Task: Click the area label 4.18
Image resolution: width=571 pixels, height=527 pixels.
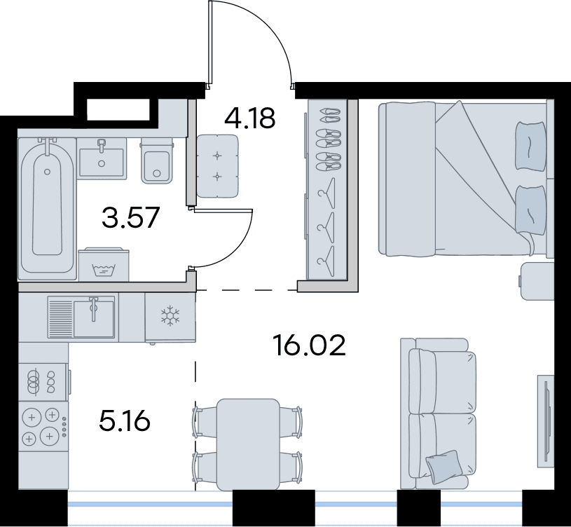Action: (250, 118)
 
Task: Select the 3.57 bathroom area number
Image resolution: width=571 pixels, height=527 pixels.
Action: (131, 217)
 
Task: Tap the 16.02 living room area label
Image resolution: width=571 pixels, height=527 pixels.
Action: (309, 345)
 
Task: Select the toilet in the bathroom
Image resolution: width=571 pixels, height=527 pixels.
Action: (157, 160)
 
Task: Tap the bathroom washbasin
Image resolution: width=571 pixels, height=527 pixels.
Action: (102, 158)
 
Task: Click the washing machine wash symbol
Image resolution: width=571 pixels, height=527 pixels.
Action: (104, 271)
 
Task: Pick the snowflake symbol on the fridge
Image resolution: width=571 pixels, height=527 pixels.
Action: (170, 316)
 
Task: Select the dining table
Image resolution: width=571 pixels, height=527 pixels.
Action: (248, 444)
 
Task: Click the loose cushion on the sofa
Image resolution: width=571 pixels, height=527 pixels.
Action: (444, 466)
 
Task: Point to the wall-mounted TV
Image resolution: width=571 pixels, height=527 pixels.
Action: (546, 421)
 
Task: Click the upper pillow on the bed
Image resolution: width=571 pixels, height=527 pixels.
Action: (531, 145)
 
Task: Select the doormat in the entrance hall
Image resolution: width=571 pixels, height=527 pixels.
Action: (218, 166)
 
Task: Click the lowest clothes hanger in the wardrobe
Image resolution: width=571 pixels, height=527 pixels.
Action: (326, 261)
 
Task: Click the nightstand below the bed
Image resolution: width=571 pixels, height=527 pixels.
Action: (537, 281)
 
